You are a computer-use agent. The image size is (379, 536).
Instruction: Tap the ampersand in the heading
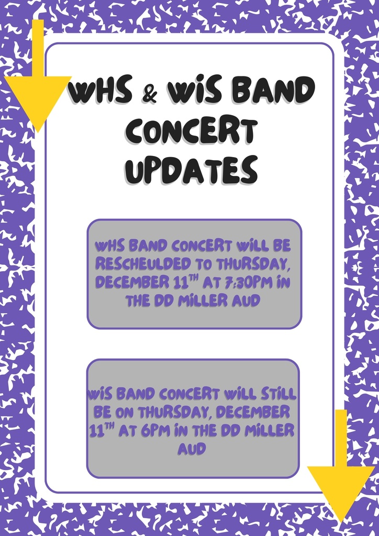(149, 94)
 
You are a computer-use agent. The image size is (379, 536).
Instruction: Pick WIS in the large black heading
(189, 93)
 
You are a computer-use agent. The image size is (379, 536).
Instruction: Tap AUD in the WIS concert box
(192, 449)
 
